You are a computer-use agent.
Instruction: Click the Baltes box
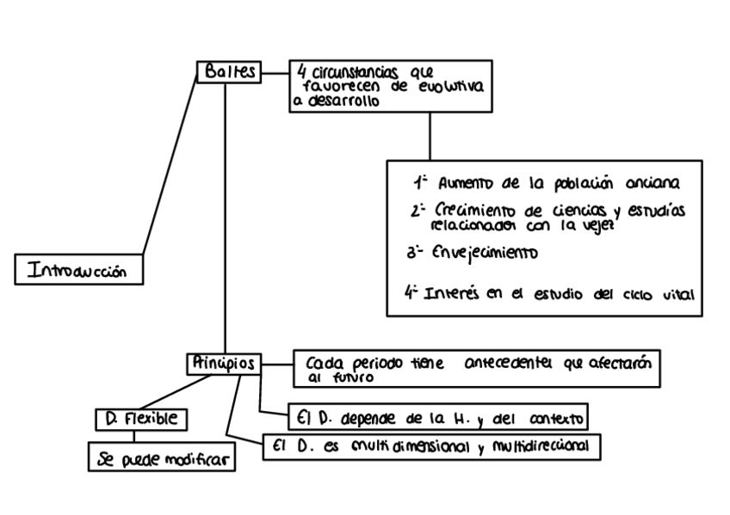[229, 72]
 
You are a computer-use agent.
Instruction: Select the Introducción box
[78, 272]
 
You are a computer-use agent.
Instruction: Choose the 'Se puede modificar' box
[162, 459]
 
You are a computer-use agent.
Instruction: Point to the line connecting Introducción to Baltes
[170, 165]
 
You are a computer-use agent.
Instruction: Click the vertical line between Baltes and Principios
[226, 215]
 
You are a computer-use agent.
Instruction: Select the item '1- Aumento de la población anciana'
[547, 183]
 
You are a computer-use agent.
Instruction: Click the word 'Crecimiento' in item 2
[473, 211]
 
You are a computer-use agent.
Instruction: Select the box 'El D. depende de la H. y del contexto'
[436, 419]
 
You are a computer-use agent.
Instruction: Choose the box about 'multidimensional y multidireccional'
[430, 447]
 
